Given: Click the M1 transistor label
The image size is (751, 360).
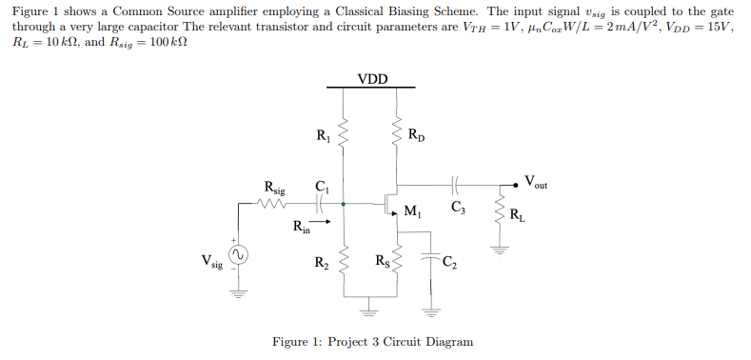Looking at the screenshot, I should tap(412, 210).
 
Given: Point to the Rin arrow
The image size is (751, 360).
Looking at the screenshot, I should tap(324, 225).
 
